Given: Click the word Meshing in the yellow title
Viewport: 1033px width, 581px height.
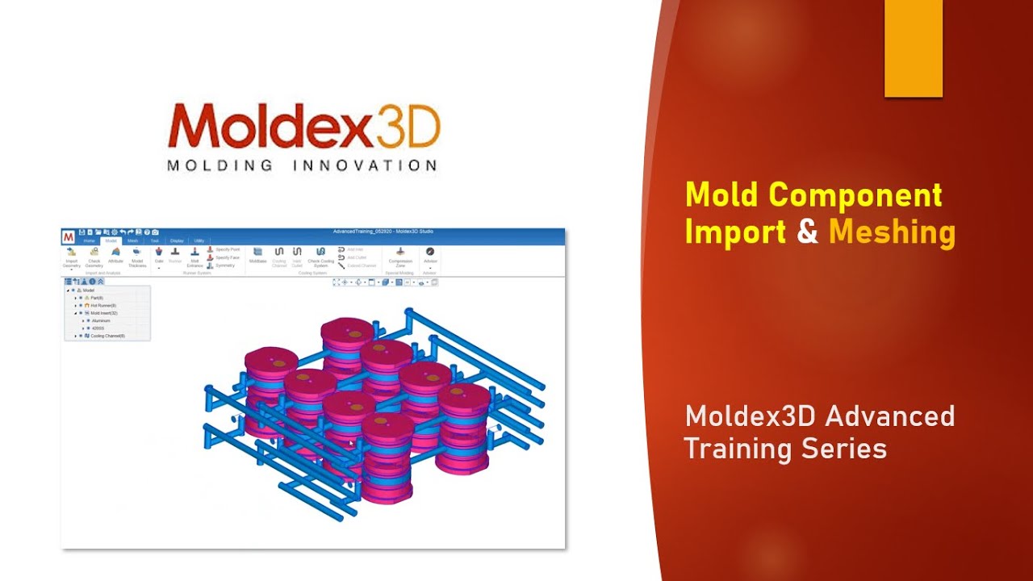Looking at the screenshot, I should (892, 232).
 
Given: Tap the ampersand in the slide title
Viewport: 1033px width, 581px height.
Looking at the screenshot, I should (807, 232).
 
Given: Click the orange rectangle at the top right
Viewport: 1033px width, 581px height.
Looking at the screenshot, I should (914, 48).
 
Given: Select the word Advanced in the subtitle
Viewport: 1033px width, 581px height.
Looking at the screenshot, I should (887, 417).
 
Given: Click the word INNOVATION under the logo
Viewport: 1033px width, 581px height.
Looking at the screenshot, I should (364, 165).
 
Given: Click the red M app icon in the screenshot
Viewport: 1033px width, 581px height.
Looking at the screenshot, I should (69, 236).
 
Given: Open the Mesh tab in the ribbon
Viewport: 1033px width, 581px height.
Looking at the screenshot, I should (132, 240).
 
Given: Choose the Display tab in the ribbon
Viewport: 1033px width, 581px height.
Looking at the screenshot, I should (177, 240).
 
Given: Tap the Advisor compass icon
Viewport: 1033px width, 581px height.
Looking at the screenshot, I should (429, 253).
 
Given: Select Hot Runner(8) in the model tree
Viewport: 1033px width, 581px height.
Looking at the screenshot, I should (103, 306).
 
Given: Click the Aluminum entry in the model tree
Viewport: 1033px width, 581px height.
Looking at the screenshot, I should (101, 320).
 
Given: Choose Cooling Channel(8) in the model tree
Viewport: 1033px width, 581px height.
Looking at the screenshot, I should (107, 336).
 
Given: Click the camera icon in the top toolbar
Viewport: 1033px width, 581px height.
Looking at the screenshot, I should (156, 232).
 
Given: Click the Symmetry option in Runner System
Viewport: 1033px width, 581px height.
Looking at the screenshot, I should (224, 265).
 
